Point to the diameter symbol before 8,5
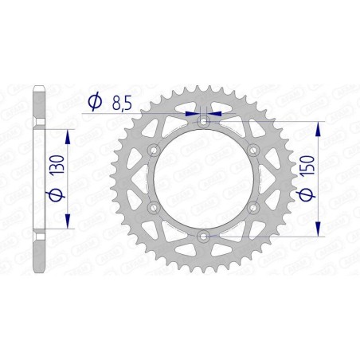point(95,101)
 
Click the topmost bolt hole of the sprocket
point(204,122)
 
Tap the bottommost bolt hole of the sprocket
point(204,236)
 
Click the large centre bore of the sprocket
point(204,179)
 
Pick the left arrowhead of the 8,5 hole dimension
point(193,114)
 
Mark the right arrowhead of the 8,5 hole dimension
point(214,114)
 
